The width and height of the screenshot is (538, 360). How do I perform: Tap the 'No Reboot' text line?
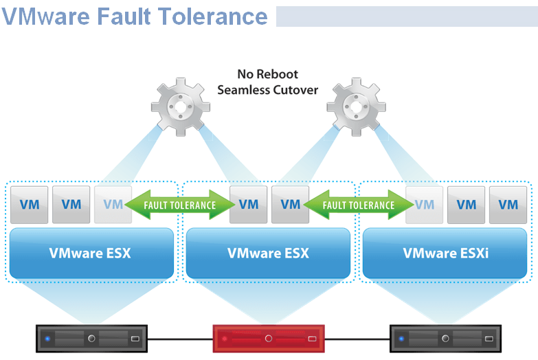pos(268,74)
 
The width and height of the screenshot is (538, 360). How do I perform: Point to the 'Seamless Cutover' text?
pos(268,90)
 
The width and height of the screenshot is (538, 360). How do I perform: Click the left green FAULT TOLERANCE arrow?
pos(180,205)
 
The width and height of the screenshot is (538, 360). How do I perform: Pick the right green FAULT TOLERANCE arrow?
pos(359,205)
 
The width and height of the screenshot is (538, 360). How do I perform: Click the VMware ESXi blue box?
pos(446,254)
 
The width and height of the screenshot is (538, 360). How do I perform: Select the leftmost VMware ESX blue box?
pos(91,254)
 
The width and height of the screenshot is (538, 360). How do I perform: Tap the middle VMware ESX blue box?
pos(268,254)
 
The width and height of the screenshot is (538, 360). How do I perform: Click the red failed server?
pos(269,339)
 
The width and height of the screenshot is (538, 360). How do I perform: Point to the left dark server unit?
pos(91,339)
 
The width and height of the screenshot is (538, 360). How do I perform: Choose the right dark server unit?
pos(446,339)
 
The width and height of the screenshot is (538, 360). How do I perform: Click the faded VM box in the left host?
pos(112,204)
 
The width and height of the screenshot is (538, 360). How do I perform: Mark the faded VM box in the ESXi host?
pos(425,204)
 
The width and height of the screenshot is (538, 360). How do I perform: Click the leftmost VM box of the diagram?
pos(29,204)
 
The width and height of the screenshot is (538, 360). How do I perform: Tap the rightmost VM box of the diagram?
pos(508,204)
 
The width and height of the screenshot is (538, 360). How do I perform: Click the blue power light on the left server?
pos(47,339)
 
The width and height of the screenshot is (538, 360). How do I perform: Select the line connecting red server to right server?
pos(357,339)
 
